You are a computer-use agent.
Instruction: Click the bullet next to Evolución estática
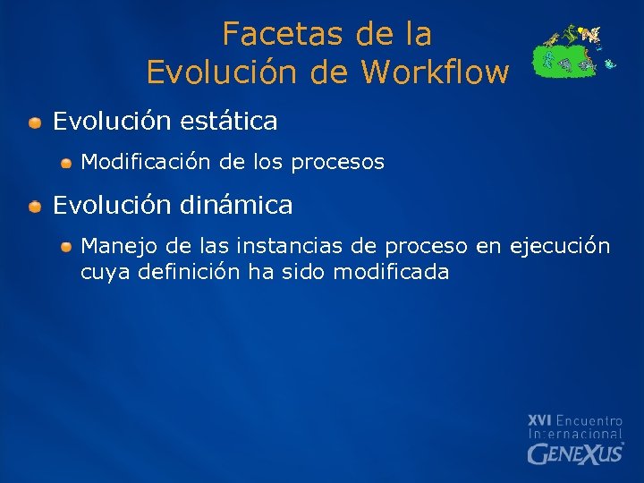point(34,121)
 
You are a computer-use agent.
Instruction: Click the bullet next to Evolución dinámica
point(34,207)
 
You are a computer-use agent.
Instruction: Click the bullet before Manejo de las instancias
point(67,246)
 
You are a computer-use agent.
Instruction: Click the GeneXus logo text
point(574,453)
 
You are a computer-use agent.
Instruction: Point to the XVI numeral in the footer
point(540,419)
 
